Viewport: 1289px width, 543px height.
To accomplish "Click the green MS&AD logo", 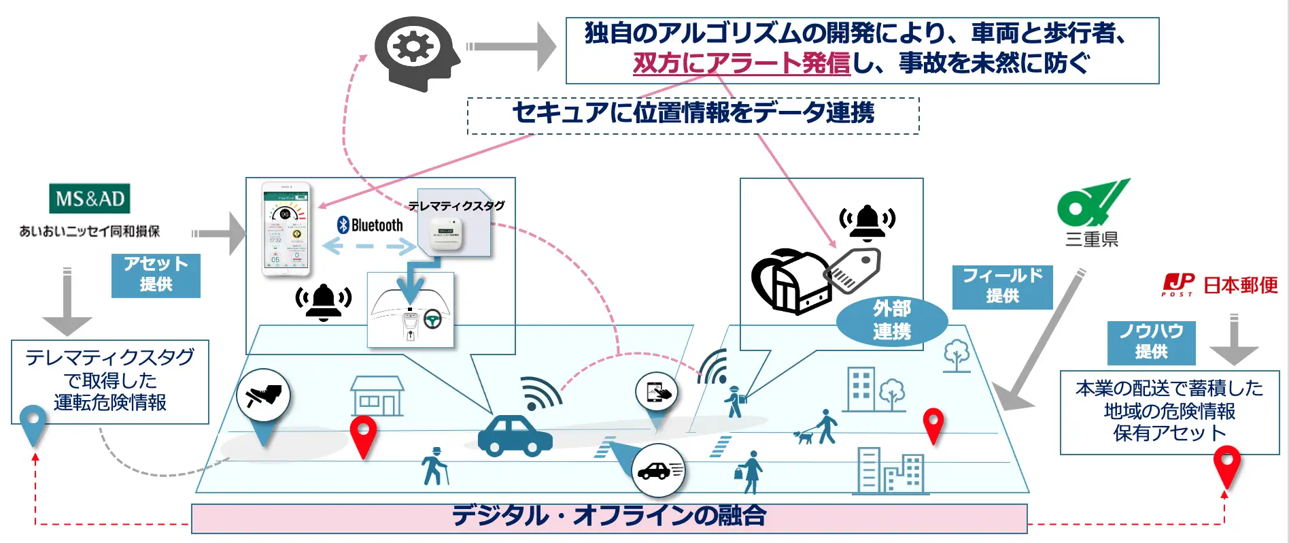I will pyautogui.click(x=89, y=199).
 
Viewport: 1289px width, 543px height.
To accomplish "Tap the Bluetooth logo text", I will pyautogui.click(x=371, y=225).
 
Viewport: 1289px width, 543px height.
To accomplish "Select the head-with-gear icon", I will pyautogui.click(x=415, y=53).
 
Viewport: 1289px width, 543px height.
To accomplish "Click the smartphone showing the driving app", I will pyautogui.click(x=286, y=229).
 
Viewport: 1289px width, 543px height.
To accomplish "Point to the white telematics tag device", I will pyautogui.click(x=445, y=233).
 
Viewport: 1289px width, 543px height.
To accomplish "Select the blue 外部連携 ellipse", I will pyautogui.click(x=891, y=320).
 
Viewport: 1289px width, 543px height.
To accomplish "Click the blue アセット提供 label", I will pyautogui.click(x=156, y=275).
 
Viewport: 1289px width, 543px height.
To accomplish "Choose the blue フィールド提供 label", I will pyautogui.click(x=1002, y=286).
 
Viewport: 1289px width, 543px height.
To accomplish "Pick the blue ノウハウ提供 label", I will pyautogui.click(x=1151, y=342).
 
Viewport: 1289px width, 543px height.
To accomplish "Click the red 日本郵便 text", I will pyautogui.click(x=1241, y=285).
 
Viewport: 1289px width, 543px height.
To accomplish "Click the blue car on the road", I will pyautogui.click(x=515, y=435).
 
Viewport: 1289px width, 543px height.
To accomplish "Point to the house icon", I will pyautogui.click(x=377, y=396).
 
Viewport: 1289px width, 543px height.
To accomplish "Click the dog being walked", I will pyautogui.click(x=804, y=436).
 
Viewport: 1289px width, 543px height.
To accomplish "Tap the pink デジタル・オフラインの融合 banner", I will pyautogui.click(x=608, y=518).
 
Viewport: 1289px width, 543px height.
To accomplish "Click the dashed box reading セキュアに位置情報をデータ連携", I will pyautogui.click(x=693, y=115).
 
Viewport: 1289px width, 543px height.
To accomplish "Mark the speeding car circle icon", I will pyautogui.click(x=657, y=470).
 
